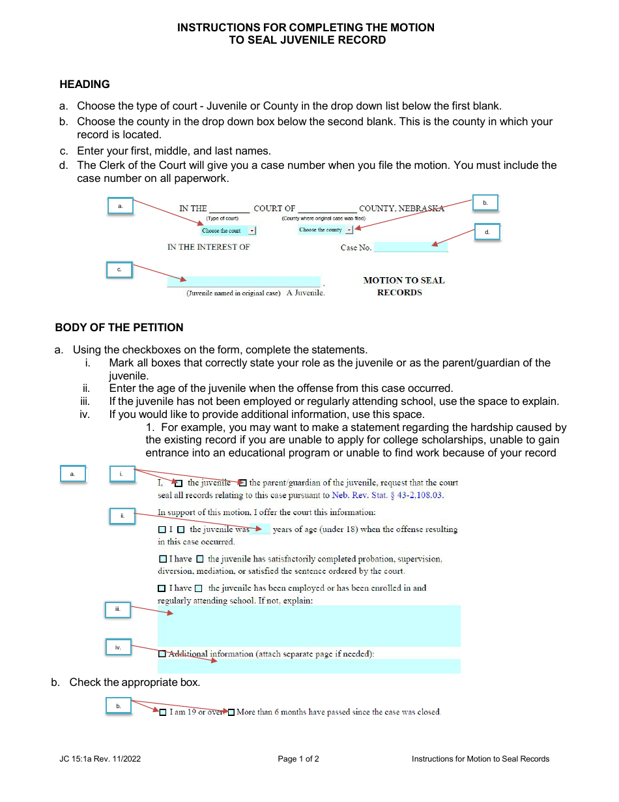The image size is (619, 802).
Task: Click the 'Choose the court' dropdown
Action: click(x=227, y=231)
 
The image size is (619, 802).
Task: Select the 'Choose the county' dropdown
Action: click(x=325, y=230)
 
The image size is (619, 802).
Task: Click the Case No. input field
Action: click(x=410, y=247)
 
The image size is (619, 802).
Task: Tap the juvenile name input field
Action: click(x=244, y=282)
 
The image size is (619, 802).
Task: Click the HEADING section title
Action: click(x=85, y=84)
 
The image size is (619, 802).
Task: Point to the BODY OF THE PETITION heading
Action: click(x=119, y=327)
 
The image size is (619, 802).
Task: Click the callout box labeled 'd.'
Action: click(x=487, y=232)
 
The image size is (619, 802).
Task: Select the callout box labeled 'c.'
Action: click(x=119, y=270)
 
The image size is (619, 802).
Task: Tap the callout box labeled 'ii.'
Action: click(x=122, y=516)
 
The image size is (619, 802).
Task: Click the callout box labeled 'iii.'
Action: click(x=118, y=609)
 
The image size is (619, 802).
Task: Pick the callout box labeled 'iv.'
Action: click(x=118, y=647)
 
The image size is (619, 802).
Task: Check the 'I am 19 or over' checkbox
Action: click(x=163, y=713)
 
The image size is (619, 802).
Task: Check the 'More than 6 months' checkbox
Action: click(x=231, y=713)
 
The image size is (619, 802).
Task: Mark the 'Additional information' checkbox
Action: click(x=162, y=653)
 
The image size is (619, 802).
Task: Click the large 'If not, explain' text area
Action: click(x=309, y=625)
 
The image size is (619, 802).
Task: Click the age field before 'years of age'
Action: click(x=261, y=529)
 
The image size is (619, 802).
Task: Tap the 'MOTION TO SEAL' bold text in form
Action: click(x=403, y=280)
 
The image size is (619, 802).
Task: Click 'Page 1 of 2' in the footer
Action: click(x=298, y=759)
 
